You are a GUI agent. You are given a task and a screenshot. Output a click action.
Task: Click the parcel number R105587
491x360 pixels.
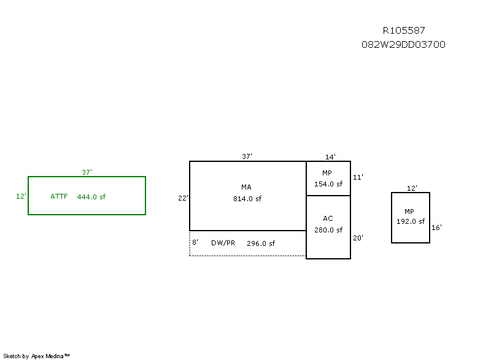[x=403, y=30]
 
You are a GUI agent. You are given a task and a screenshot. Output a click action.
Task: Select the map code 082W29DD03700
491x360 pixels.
[x=403, y=45]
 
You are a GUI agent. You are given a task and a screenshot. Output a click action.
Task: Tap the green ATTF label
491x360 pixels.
[x=59, y=197]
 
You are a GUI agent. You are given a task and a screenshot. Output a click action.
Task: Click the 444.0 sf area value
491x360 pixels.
[x=91, y=197]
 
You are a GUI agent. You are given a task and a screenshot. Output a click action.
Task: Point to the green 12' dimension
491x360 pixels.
[x=21, y=197]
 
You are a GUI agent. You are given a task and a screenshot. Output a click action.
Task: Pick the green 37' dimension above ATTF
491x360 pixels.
[x=87, y=172]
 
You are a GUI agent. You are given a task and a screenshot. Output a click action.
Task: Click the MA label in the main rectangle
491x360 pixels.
[x=246, y=187]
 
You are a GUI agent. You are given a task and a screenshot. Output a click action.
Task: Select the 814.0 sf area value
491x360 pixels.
[x=247, y=199]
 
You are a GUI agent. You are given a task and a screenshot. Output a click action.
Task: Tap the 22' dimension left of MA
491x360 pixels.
[x=183, y=198]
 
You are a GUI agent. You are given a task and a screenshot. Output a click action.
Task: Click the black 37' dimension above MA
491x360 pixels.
[x=247, y=157]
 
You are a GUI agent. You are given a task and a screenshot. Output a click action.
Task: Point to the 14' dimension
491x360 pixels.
[x=330, y=157]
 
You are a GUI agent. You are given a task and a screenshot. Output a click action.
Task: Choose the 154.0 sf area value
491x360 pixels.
[x=328, y=184]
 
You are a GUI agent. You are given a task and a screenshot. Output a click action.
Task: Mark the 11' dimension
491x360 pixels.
[x=358, y=177]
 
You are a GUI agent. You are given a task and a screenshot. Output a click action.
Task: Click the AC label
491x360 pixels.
[x=328, y=218]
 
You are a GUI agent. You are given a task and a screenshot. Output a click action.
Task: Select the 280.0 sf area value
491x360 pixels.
[x=328, y=231]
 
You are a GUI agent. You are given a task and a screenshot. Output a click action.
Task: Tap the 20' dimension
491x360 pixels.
[x=358, y=238]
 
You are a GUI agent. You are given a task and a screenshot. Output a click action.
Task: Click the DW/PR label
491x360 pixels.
[x=223, y=243]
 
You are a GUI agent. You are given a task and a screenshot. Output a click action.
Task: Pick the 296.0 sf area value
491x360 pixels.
[x=261, y=243]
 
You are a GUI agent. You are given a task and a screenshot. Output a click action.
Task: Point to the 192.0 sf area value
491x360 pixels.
[x=411, y=222]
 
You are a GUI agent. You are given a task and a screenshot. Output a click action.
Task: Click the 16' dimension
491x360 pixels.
[x=436, y=228]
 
